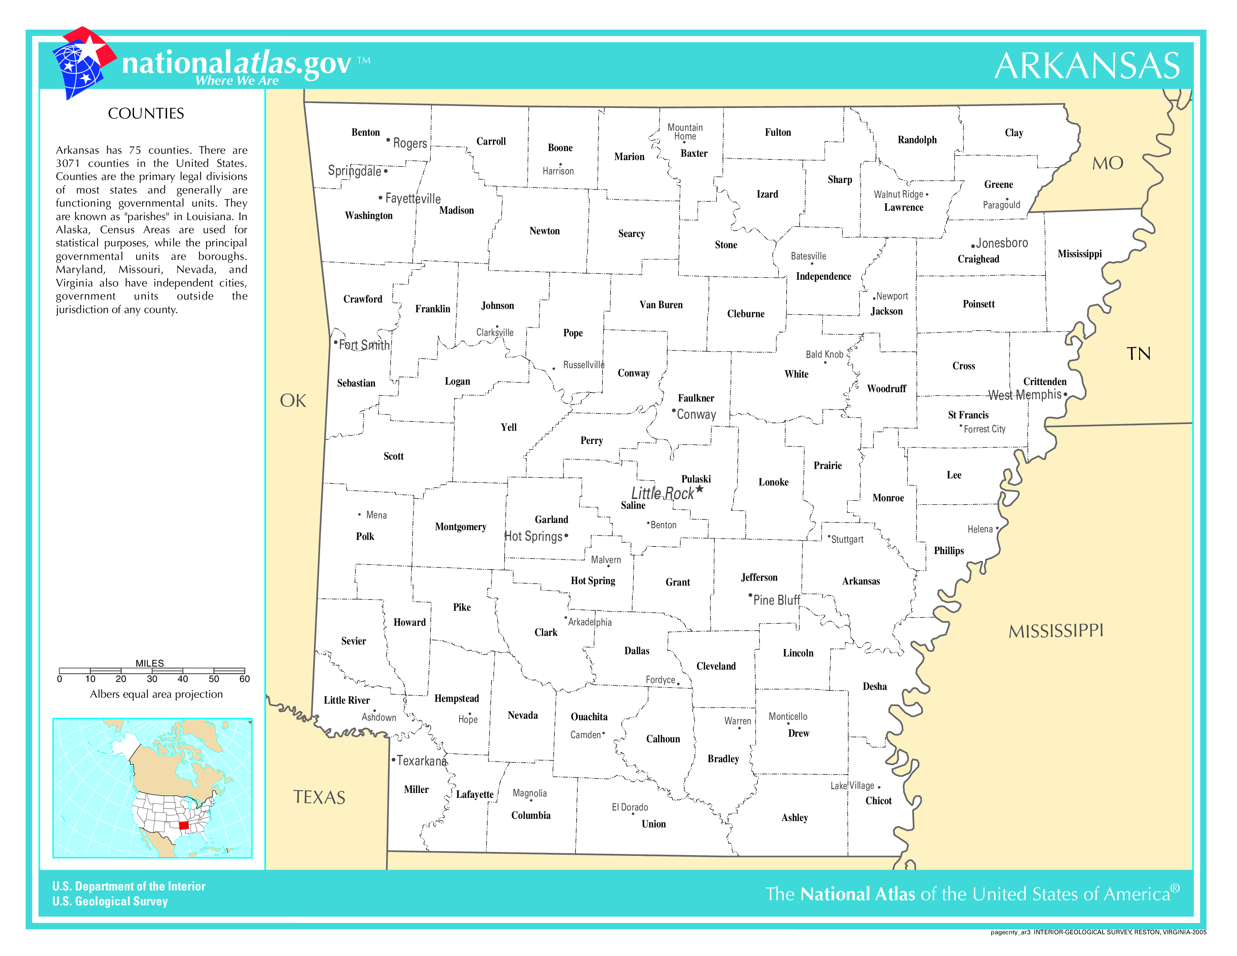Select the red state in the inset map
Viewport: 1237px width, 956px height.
click(184, 825)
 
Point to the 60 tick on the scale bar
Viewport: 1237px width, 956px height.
click(244, 679)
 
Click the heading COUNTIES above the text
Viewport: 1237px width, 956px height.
click(146, 114)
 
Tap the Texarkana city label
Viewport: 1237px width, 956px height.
click(421, 761)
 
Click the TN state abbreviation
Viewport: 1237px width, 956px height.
click(1138, 354)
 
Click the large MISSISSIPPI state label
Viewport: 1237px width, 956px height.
click(1056, 631)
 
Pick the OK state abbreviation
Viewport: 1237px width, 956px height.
click(293, 401)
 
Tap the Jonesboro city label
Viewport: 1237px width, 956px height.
click(1001, 243)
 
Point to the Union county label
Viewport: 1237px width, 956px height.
click(654, 824)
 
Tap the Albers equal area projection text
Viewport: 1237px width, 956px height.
click(156, 694)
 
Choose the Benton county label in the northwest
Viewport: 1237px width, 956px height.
click(365, 132)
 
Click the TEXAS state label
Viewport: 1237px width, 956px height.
click(319, 797)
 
